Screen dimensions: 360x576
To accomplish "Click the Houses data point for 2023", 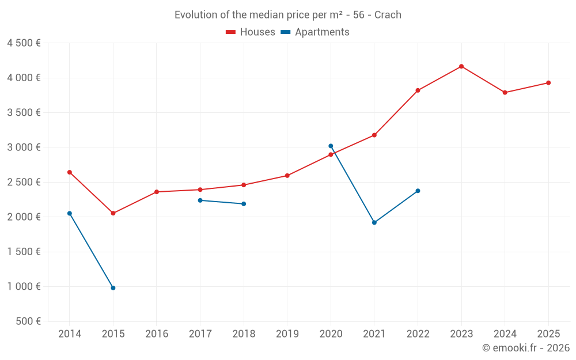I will tap(461, 66).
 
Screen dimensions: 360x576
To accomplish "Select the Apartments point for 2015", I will tap(113, 288).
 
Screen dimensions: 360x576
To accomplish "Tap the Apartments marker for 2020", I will tap(331, 146).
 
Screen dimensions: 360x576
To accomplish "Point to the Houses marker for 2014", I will tap(70, 172).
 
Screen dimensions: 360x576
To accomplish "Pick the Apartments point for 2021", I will tap(374, 222).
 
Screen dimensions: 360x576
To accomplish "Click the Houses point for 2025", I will tap(548, 83).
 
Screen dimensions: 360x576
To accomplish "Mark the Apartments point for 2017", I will tap(200, 200).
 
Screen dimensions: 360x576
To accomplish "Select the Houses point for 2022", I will tap(418, 90).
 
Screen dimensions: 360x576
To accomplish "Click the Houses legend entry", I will tap(251, 32).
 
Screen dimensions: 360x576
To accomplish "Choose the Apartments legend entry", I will tap(315, 32).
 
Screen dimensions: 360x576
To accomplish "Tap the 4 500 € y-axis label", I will tap(24, 43).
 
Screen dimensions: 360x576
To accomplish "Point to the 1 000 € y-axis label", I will tap(24, 287).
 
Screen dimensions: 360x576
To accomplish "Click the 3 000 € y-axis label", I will tap(24, 147).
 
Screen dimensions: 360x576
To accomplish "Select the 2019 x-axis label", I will tap(287, 334).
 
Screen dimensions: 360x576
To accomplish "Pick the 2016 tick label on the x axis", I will tap(157, 334).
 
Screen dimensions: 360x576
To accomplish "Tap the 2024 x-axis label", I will tap(505, 334).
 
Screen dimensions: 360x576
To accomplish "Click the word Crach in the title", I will tap(388, 15).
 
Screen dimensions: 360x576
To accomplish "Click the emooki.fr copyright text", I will tap(526, 348).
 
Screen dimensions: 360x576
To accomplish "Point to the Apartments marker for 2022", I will tap(418, 191).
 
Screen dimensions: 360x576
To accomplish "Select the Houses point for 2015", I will tap(113, 213).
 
